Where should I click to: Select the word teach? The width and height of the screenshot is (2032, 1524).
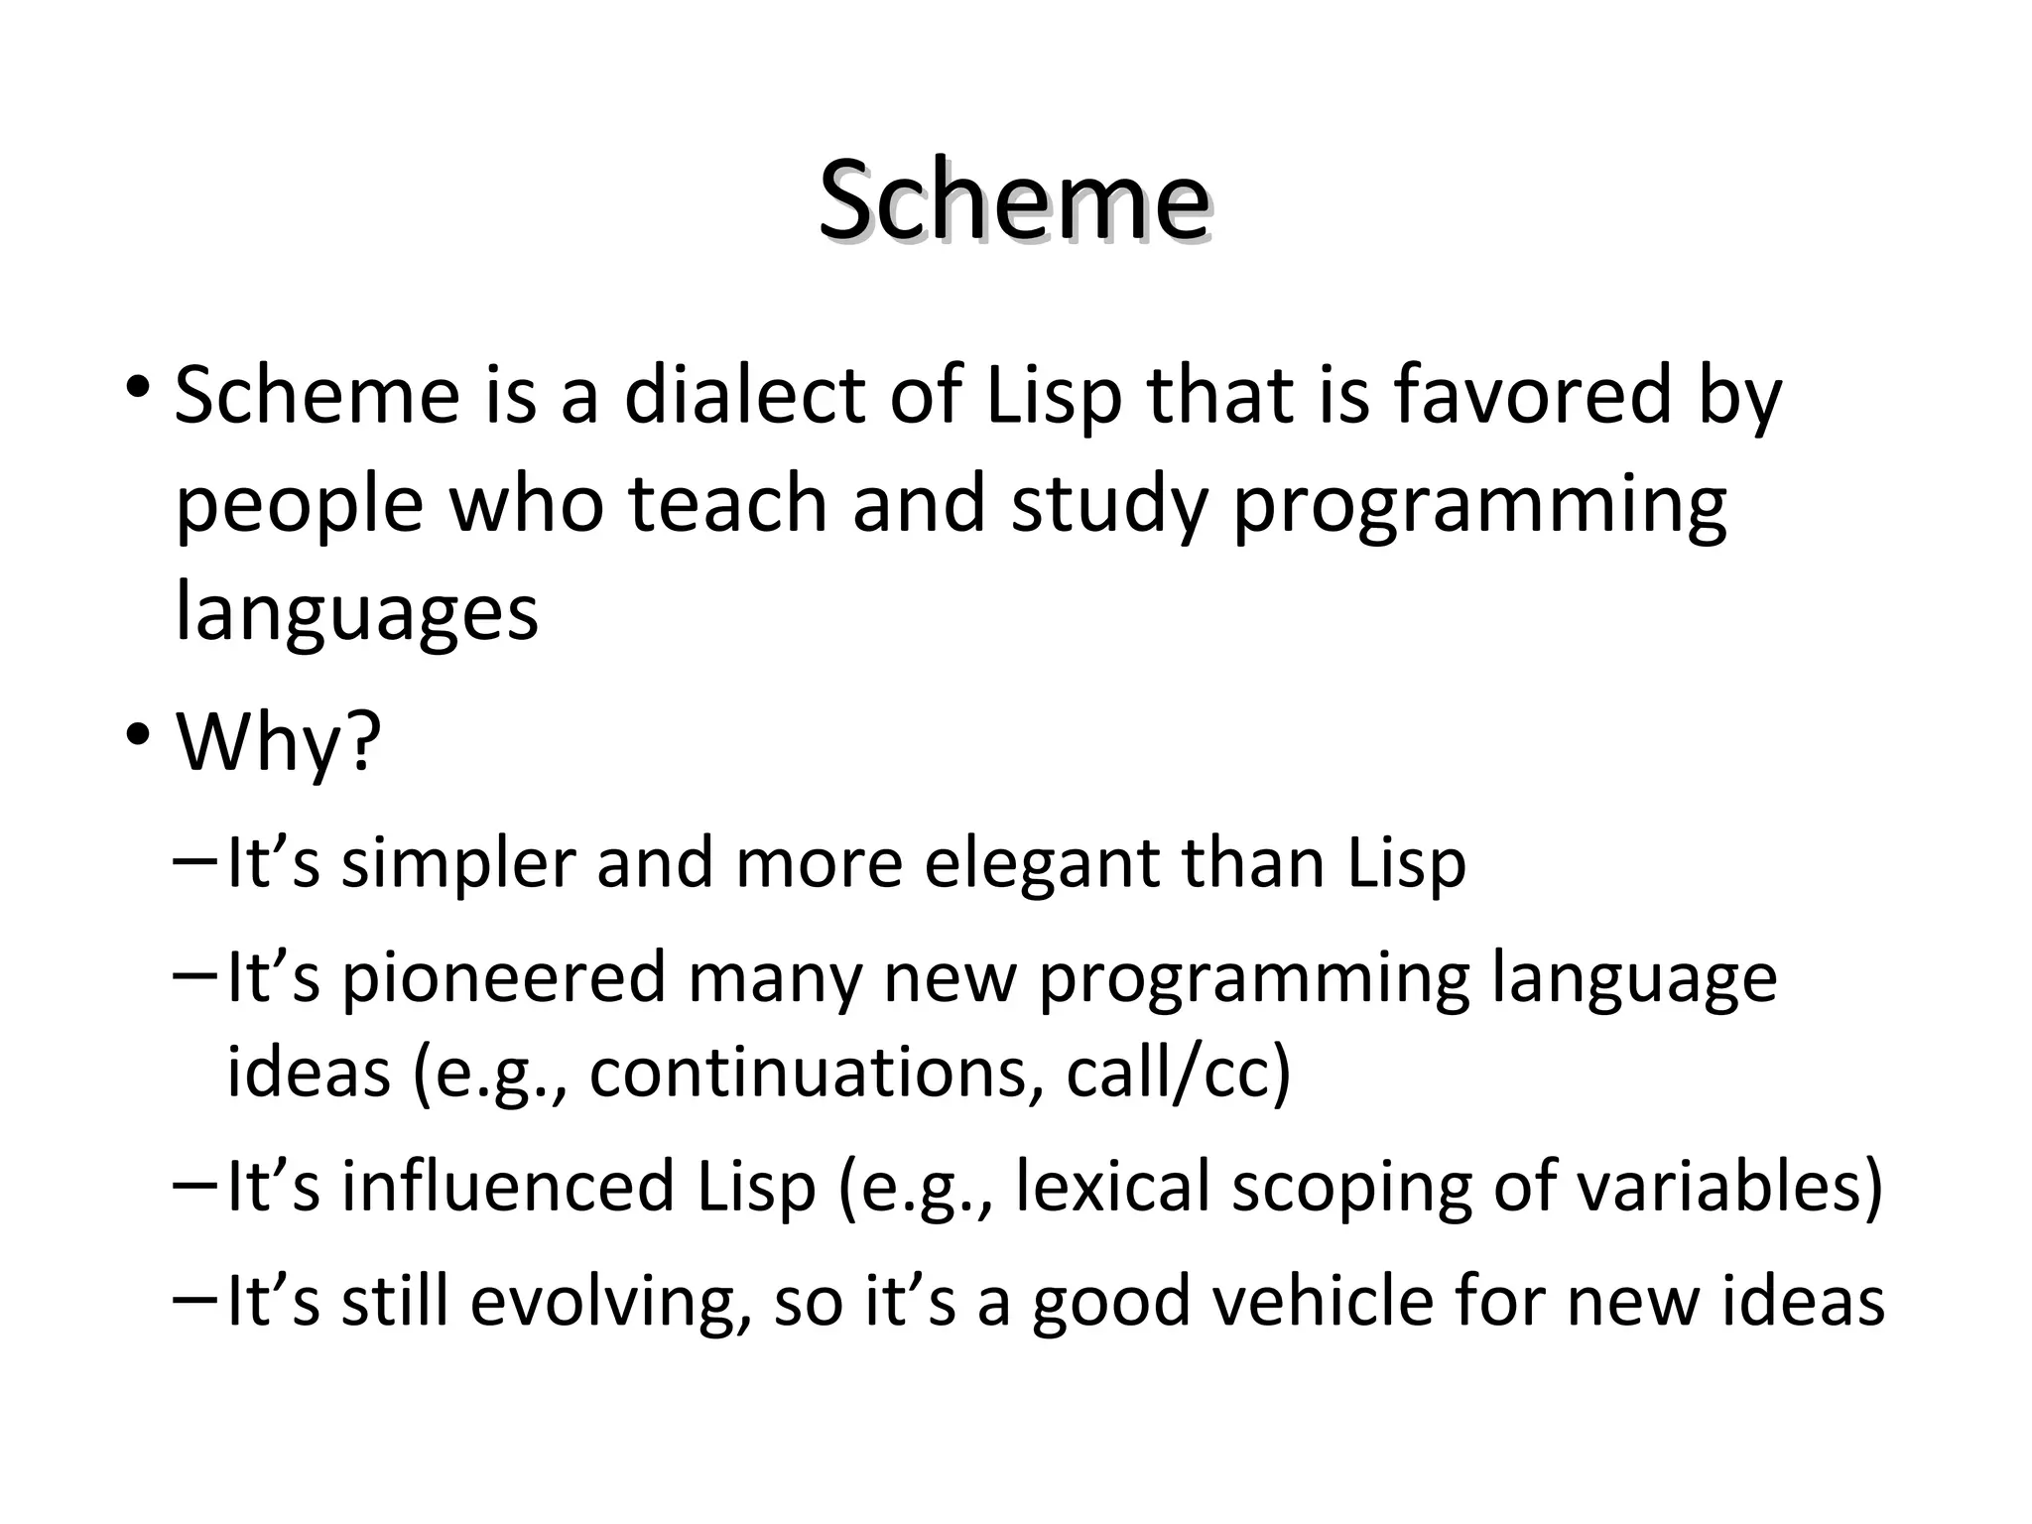click(x=727, y=504)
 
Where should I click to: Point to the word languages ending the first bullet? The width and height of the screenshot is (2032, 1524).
click(x=356, y=612)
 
